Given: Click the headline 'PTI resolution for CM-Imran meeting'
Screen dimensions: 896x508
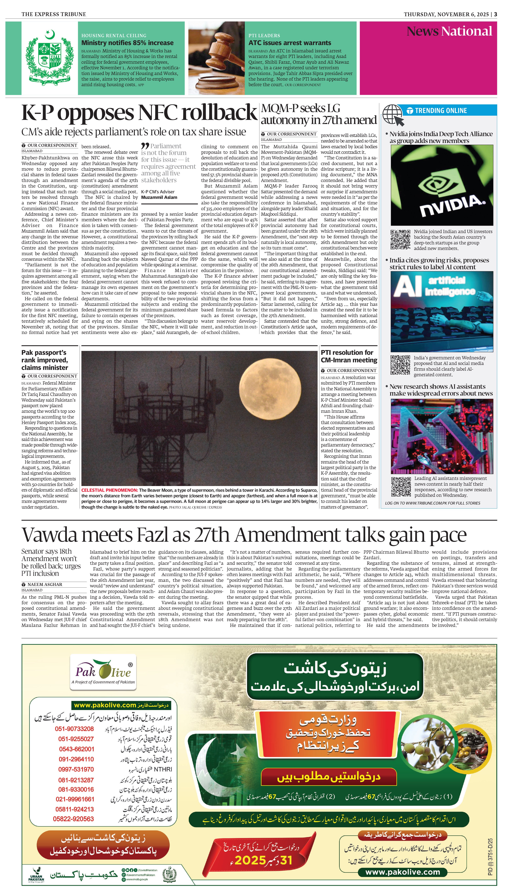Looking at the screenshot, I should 349,356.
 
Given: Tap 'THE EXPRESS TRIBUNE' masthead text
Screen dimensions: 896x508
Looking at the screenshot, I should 54,14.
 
